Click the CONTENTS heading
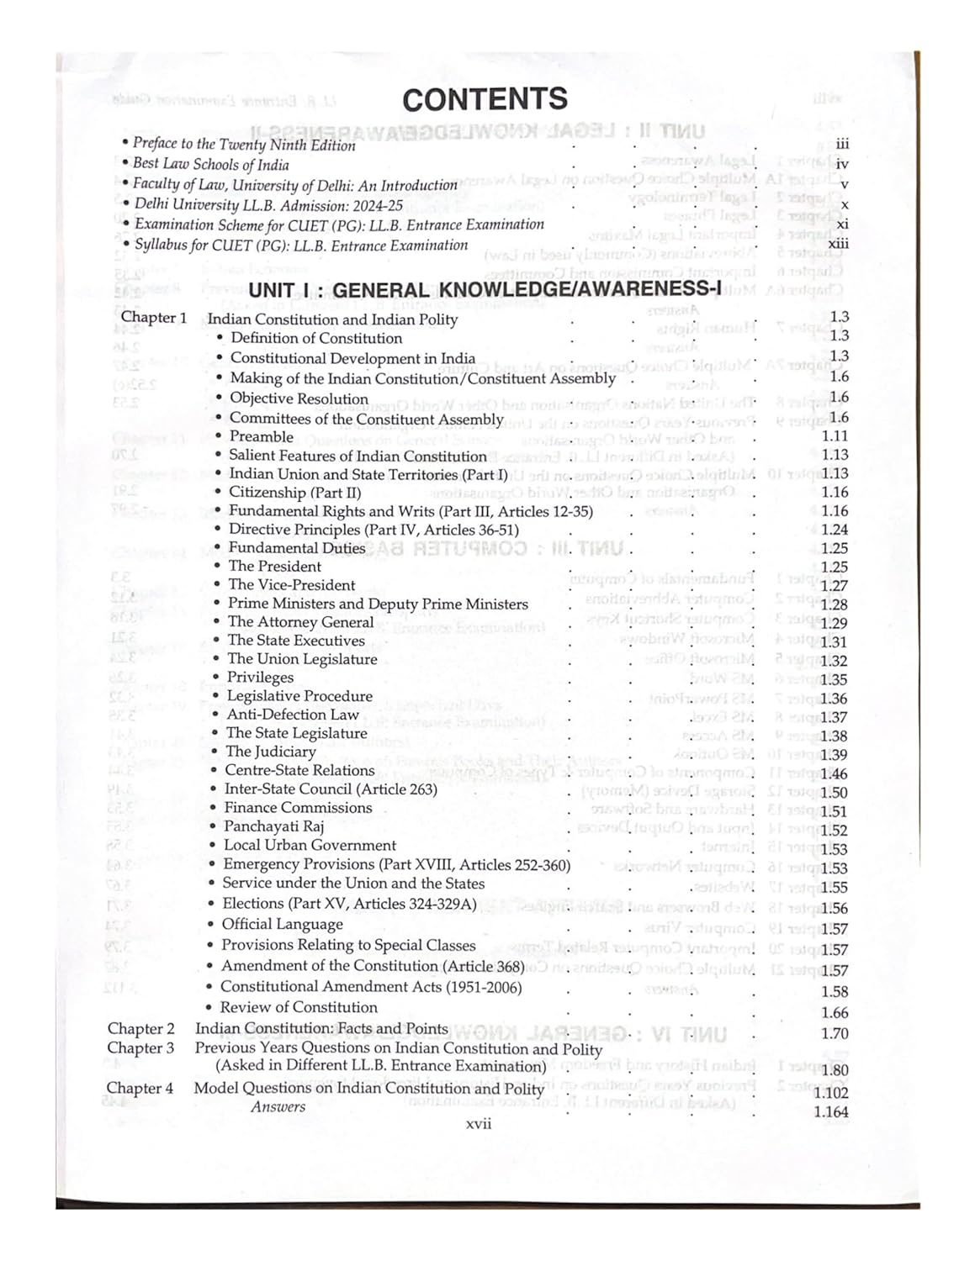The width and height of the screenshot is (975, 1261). pos(485,99)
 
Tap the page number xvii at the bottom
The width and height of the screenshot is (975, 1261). pos(479,1123)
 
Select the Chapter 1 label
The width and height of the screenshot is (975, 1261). pos(154,318)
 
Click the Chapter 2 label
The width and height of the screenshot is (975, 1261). pos(141,1028)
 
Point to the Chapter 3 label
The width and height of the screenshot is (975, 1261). pos(140,1047)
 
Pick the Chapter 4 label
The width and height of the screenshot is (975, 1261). pos(140,1088)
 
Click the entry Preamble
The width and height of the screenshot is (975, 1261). pos(261,436)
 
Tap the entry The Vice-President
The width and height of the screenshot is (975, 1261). pos(291,585)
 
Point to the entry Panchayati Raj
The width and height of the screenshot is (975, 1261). pos(273,826)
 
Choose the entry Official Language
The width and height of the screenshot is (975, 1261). pos(282,924)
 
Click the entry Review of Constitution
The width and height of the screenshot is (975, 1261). pos(299,1007)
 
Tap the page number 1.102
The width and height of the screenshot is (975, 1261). pos(830,1093)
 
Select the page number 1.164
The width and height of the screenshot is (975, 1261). pos(831,1112)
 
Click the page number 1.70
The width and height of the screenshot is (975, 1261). pos(835,1034)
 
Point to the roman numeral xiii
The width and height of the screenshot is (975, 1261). pos(838,244)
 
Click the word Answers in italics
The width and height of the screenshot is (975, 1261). pos(278,1107)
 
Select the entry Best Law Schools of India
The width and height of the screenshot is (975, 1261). pos(210,164)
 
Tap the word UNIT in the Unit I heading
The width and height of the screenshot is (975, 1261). pos(272,291)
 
